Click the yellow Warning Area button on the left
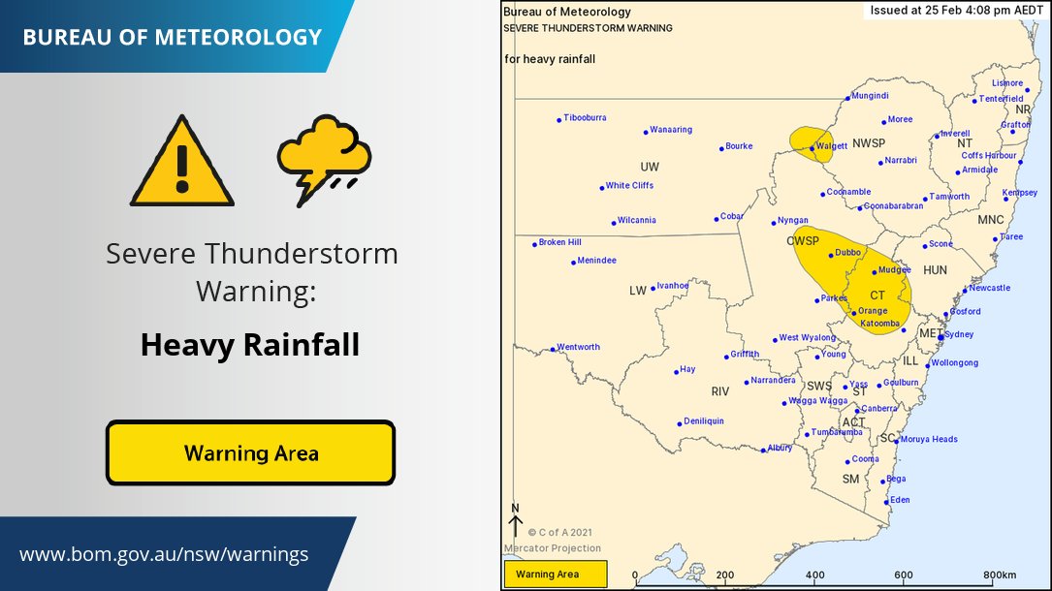250,452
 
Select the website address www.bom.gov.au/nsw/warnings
164,555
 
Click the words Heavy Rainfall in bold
250,345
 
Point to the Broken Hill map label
559,242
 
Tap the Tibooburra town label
585,118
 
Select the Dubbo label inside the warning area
847,253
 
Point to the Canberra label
879,409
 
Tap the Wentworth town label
578,347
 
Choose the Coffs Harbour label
988,155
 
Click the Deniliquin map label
703,421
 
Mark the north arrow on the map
515,521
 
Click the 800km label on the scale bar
1000,575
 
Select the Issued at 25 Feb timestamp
954,12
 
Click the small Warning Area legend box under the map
555,575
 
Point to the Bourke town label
738,146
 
